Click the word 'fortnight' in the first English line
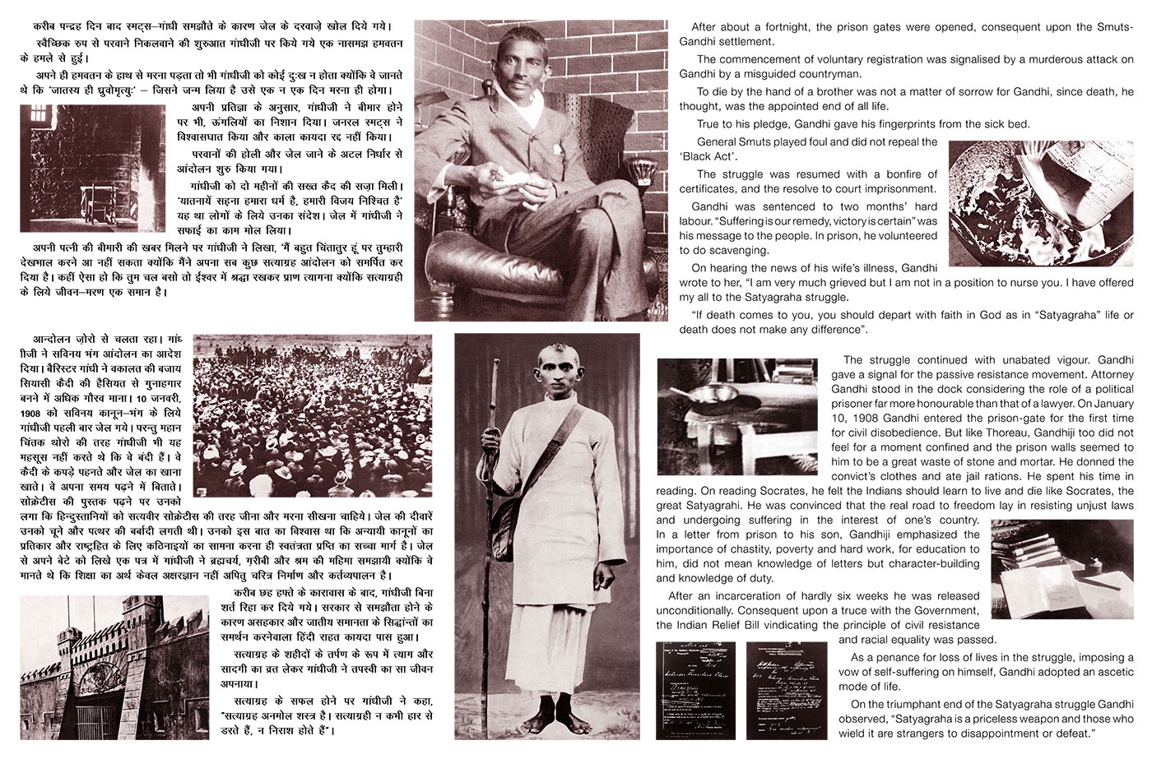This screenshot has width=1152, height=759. (x=769, y=27)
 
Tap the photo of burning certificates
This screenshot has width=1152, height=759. (x=1040, y=202)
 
